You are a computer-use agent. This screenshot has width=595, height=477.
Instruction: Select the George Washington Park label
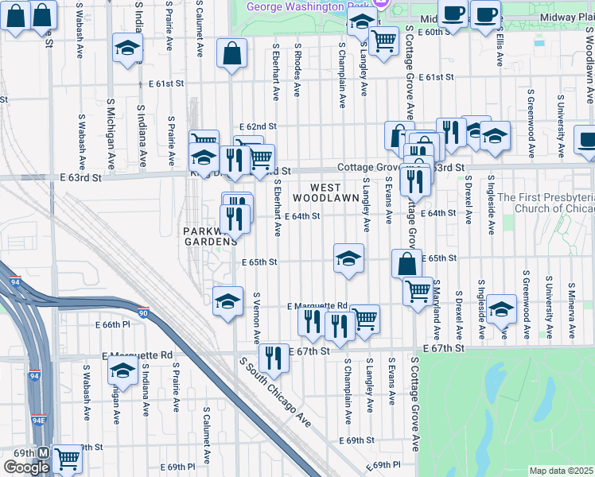point(310,6)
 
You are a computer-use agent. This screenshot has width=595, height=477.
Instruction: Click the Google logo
point(27,467)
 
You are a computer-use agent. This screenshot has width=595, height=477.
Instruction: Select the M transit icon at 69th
point(44,453)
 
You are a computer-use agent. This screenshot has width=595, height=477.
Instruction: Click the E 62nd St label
point(258,126)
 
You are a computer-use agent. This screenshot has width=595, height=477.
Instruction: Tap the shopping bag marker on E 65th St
point(406,264)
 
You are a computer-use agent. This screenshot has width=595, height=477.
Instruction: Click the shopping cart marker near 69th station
point(68,459)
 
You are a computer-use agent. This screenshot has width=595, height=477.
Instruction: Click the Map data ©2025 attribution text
point(561,471)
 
